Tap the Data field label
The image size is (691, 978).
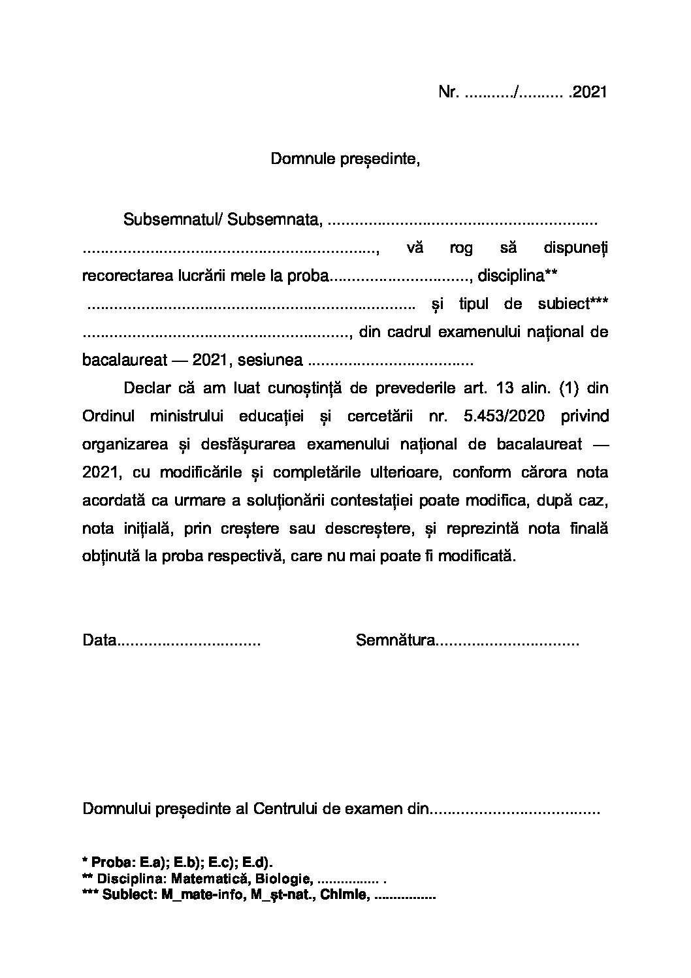(x=99, y=640)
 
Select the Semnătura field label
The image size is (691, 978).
(x=395, y=640)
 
